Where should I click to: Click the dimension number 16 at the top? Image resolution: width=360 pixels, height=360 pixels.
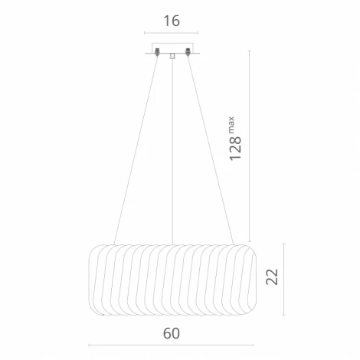click(172, 21)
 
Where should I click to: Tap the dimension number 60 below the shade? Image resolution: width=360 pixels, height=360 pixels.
click(172, 333)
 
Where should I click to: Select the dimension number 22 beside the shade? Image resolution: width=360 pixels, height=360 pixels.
click(272, 277)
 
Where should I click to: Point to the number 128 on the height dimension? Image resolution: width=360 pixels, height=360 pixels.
click(235, 149)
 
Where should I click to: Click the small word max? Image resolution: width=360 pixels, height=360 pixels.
click(231, 125)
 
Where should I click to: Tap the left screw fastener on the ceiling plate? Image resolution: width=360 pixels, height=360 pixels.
click(157, 52)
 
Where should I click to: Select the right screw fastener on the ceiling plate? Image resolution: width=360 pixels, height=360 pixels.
click(188, 52)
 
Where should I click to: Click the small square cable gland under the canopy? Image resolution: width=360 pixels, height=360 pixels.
click(172, 56)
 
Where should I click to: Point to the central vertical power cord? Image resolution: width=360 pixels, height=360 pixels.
click(172, 152)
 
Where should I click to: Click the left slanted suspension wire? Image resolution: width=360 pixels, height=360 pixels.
click(136, 150)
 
